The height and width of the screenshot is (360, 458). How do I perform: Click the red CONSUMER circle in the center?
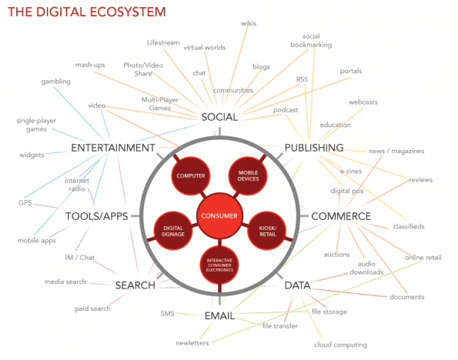click(219, 215)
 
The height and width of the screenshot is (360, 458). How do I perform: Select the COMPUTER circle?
click(190, 175)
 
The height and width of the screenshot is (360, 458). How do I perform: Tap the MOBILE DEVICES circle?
click(248, 175)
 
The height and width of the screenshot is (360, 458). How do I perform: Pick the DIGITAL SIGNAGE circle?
click(173, 231)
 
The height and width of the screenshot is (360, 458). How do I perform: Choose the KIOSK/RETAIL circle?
click(267, 231)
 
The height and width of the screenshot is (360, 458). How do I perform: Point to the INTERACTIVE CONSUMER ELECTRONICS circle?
click(219, 265)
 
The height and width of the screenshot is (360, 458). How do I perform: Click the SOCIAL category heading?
click(219, 117)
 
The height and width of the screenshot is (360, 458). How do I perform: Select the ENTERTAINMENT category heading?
click(113, 148)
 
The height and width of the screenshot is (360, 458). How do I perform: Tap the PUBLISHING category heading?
click(314, 148)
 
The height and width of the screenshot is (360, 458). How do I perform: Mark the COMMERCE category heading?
click(341, 216)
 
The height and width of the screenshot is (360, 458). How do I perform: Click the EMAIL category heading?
click(219, 315)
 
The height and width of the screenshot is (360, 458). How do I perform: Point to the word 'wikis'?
click(249, 23)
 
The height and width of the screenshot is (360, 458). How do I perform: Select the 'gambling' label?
click(55, 82)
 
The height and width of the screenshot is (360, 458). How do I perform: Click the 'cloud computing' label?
click(340, 345)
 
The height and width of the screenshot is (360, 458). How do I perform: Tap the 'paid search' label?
click(92, 308)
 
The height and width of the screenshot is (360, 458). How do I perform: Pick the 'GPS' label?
click(25, 202)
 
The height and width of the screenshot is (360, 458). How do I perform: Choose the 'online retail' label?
click(423, 257)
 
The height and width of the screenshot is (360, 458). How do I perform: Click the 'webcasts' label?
click(363, 102)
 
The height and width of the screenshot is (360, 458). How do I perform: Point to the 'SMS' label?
click(167, 314)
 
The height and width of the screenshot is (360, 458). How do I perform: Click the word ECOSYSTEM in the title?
click(127, 12)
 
